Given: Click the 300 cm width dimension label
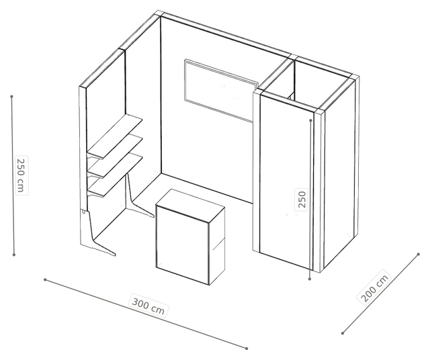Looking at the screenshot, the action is point(148,305).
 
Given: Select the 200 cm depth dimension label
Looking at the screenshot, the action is point(374,286).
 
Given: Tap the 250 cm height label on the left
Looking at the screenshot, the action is point(21,175).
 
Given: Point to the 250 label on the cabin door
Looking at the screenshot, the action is point(302,199).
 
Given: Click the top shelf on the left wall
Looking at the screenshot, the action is point(115,136).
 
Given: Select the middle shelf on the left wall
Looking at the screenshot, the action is point(115,156).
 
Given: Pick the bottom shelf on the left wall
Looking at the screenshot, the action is point(115,175).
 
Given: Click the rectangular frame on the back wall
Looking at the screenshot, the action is point(221,90).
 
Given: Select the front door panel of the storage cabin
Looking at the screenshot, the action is point(287,181).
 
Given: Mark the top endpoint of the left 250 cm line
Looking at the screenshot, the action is point(11,97).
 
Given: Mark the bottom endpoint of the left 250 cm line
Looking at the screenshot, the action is point(14,255).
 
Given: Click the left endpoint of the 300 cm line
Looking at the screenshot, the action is point(45,279).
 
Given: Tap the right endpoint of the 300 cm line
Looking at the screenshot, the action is point(247,349).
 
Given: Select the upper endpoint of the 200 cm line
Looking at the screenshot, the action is point(418,254).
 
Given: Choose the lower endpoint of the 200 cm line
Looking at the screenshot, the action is point(343,333).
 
